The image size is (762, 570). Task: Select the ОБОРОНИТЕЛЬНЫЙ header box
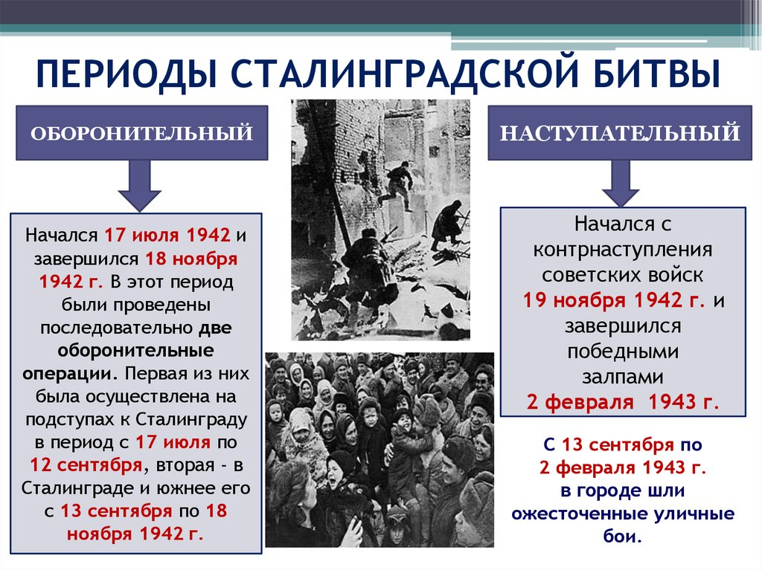142,133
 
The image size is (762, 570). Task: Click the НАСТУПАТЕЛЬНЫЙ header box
620,133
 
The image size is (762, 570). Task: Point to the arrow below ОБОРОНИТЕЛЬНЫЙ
139,186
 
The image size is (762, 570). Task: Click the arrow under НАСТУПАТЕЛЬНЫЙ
621,184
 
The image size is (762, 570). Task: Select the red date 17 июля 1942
167,236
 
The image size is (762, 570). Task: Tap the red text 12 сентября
86,465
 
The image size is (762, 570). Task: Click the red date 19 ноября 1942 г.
614,300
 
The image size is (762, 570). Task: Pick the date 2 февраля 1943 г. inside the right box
623,402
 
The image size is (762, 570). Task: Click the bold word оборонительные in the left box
135,351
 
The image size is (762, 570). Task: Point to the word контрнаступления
623,250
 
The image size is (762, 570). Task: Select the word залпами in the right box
623,378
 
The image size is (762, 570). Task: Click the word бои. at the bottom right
623,536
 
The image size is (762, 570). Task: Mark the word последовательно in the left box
116,328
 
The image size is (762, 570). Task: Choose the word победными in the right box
623,352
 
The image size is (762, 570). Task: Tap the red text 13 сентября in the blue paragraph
618,444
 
